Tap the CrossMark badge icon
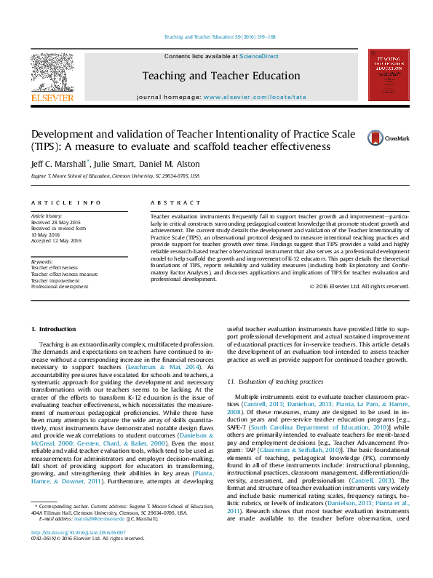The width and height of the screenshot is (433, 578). point(378,138)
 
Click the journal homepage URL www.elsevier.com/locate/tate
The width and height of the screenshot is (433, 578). point(255,97)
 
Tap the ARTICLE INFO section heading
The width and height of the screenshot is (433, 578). point(65,202)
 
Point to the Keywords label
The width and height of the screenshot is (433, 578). point(42,261)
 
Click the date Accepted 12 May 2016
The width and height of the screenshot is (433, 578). point(57,240)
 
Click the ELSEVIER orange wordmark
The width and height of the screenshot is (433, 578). point(52,98)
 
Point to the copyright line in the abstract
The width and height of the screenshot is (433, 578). point(359,286)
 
